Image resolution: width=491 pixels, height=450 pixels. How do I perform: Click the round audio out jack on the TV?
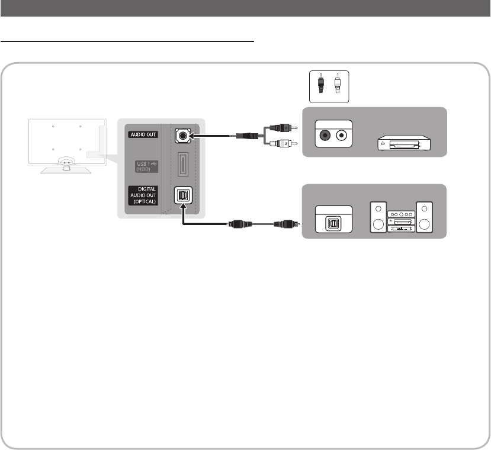pos(182,135)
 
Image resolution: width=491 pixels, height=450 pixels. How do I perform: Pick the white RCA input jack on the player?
pos(342,134)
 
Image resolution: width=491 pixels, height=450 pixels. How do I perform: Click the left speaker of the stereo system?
pos(377,218)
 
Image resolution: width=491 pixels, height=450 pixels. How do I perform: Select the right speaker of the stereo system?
pos(425,218)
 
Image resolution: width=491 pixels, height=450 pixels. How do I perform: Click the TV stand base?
pos(65,169)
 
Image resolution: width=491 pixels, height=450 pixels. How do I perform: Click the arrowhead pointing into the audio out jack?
pos(192,135)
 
